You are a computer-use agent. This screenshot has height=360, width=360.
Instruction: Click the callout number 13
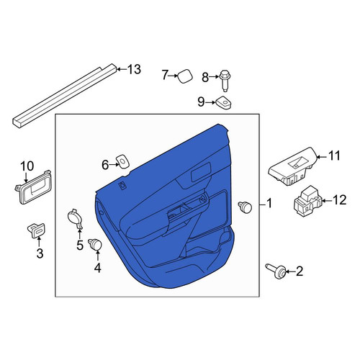click(134, 70)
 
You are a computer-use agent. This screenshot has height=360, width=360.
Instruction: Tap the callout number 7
click(164, 75)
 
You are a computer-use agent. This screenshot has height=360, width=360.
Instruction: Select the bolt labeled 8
click(225, 81)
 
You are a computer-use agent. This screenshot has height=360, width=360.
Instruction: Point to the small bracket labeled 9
click(223, 102)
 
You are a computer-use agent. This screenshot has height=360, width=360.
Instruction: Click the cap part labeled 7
click(185, 76)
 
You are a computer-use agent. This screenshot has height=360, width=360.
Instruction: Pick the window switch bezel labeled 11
click(293, 166)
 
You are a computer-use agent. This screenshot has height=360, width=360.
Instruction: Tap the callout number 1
click(269, 203)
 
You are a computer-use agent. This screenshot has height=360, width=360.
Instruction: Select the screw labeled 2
click(276, 271)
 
